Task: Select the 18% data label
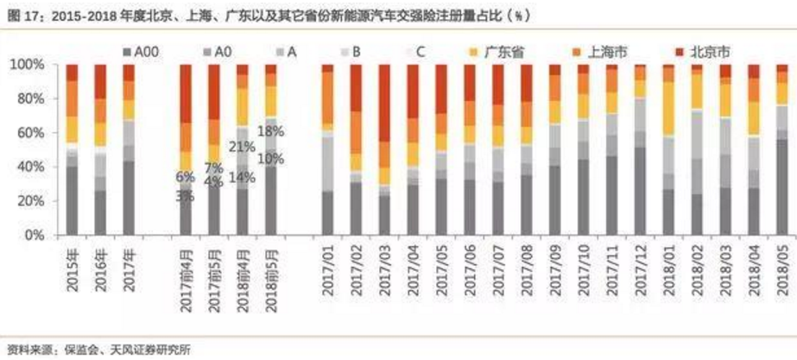(x=270, y=131)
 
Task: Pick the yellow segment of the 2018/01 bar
(x=668, y=107)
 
